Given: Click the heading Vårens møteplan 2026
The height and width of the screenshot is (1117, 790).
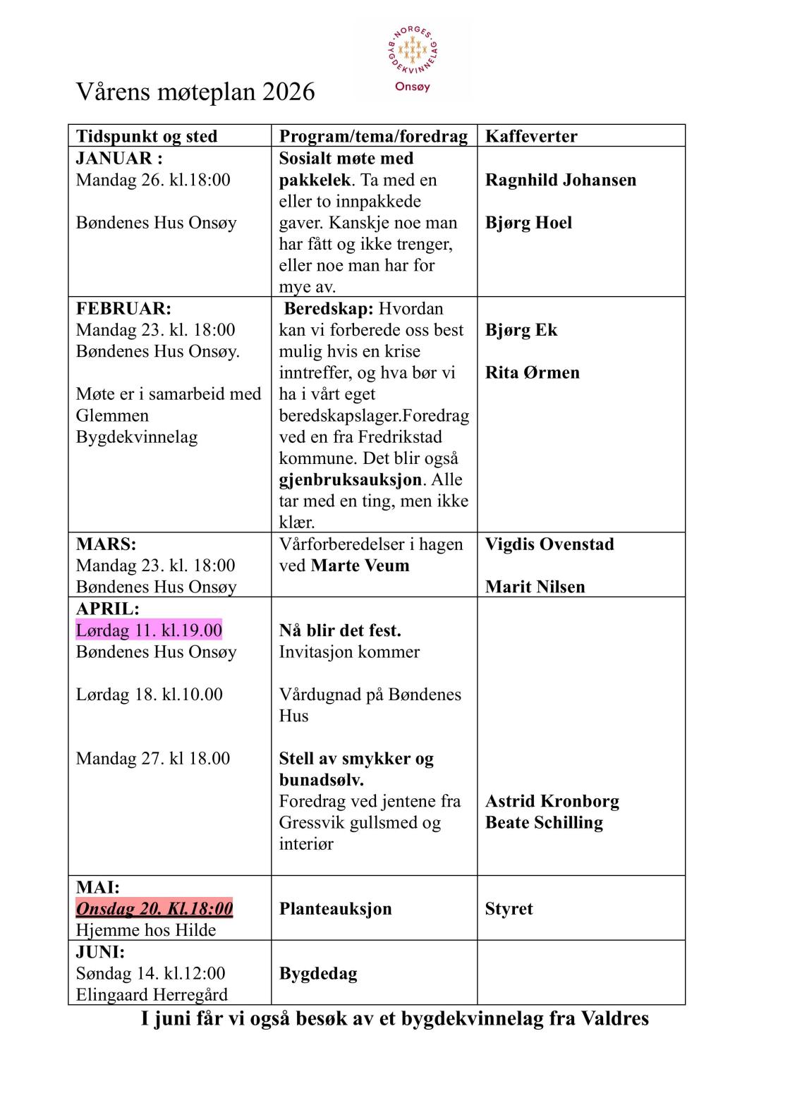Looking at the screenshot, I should point(195,92).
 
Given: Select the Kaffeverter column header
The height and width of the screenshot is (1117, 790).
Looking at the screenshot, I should point(531,136).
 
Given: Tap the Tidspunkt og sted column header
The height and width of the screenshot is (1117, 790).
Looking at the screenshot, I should point(147,136).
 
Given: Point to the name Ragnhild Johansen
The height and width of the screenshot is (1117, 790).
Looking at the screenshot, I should point(561,180).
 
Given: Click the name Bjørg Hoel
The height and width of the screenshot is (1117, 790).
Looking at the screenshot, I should point(528,223).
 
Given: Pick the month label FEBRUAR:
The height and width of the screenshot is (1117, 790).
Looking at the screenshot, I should point(123,309).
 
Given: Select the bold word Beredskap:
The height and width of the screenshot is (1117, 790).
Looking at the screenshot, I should point(329,309).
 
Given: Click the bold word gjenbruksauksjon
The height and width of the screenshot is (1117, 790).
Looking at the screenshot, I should point(350,480).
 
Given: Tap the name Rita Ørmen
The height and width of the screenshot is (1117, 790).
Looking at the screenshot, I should point(532,372).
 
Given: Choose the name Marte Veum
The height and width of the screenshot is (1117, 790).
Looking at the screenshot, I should point(360,566).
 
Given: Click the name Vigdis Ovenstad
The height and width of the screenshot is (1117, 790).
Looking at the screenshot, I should point(549,544).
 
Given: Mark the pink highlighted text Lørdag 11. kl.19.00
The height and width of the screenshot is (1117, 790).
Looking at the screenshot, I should point(149,630).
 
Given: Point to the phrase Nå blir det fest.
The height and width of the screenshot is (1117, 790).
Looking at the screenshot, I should point(340,630).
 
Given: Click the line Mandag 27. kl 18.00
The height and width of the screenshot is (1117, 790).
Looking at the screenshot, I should point(153,759).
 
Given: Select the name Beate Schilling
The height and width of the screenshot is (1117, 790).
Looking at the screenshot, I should point(544,823).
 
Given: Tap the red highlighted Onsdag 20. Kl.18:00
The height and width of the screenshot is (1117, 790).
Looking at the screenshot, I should point(154,908).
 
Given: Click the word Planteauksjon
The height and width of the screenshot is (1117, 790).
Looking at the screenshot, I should point(335,909).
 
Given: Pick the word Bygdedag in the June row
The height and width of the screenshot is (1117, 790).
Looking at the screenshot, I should point(318,974).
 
